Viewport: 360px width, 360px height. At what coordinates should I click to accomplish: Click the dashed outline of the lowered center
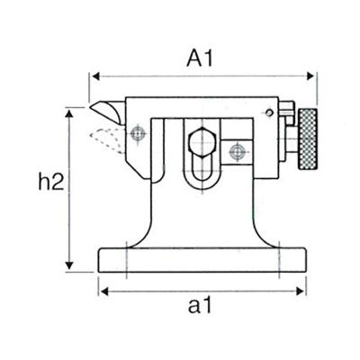(x=104, y=138)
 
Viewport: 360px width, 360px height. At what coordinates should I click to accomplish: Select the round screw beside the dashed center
(x=137, y=135)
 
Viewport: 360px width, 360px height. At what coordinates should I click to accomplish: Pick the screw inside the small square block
(x=238, y=149)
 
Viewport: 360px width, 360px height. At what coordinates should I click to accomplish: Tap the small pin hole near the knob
(x=270, y=112)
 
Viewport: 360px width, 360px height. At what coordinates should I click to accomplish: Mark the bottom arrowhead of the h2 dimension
(x=68, y=270)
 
